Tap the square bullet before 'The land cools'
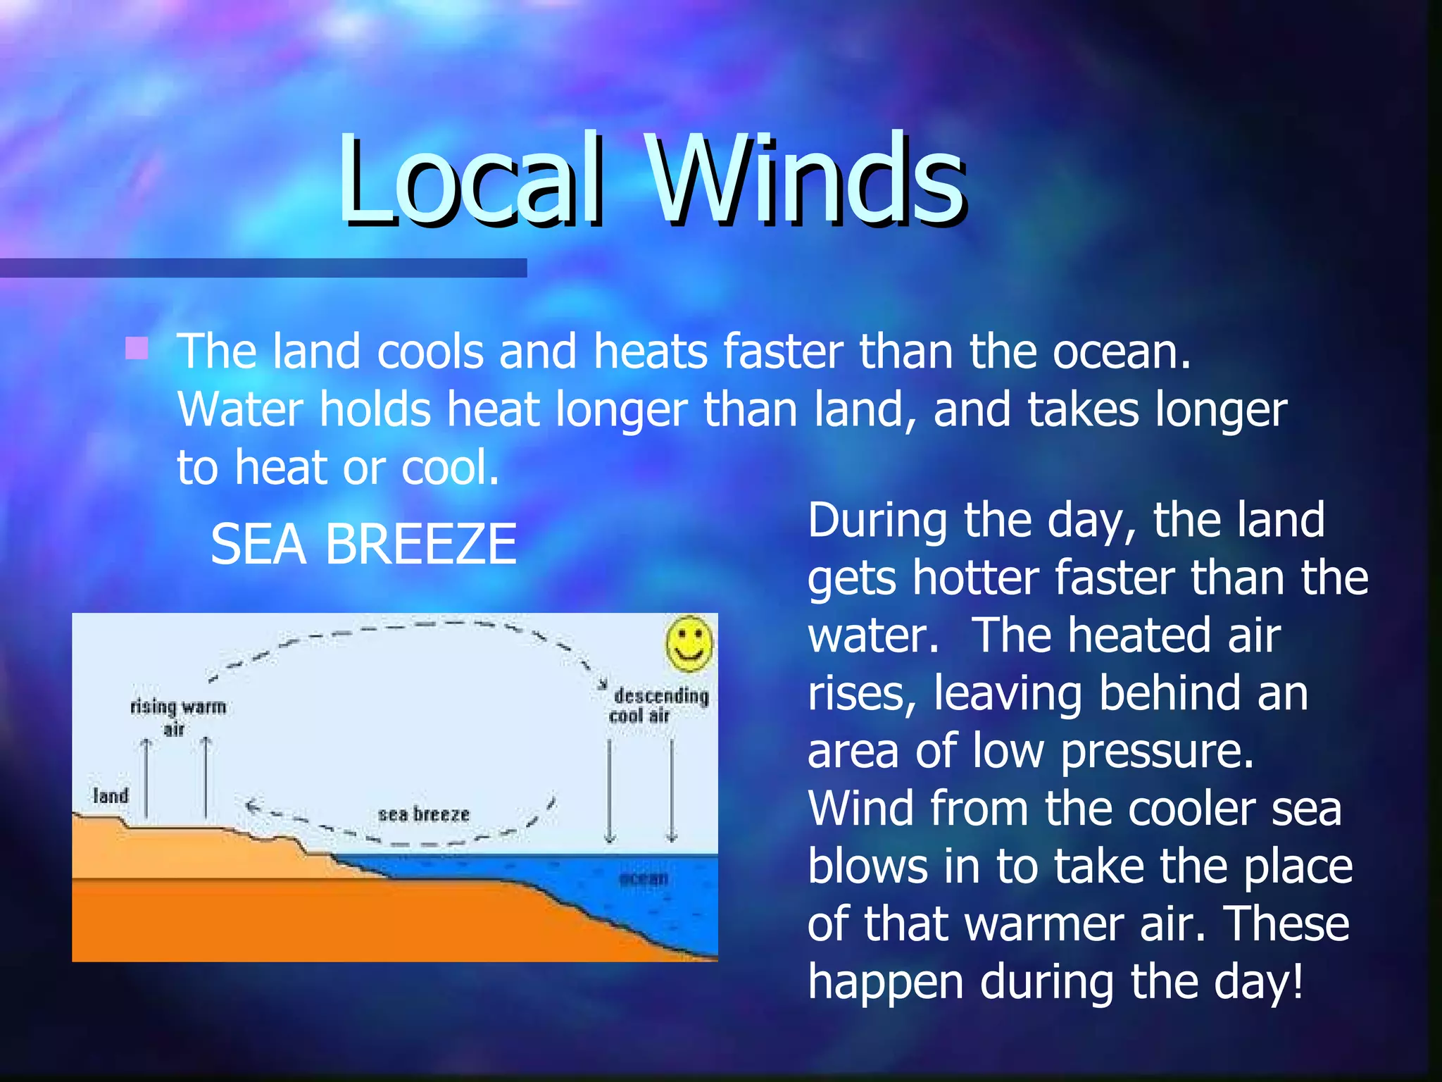click(137, 348)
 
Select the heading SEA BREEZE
click(363, 545)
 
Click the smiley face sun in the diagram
click(689, 644)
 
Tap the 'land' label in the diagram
click(111, 796)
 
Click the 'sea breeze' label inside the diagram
click(424, 814)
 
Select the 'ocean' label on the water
click(643, 878)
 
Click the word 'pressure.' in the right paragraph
click(1158, 752)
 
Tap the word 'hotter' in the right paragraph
click(975, 578)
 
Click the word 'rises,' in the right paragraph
click(862, 694)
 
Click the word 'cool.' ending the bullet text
click(450, 467)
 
